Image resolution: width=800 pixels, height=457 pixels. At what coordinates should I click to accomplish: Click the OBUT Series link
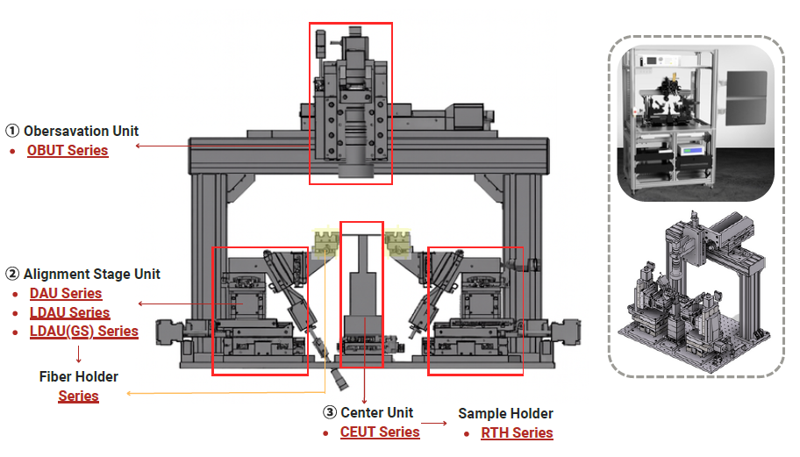click(68, 150)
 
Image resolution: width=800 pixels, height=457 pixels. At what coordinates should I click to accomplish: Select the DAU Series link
click(66, 293)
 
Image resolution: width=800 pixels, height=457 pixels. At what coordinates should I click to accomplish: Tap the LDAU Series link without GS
click(69, 312)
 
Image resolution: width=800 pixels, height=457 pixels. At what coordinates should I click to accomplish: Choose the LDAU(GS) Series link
click(83, 332)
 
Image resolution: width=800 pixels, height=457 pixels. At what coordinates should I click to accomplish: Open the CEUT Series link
click(380, 432)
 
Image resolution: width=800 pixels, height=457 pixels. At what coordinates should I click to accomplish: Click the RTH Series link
click(517, 432)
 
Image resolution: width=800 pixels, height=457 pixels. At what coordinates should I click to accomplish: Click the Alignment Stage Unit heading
click(91, 274)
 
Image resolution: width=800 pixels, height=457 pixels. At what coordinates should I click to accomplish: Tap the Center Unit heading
click(376, 412)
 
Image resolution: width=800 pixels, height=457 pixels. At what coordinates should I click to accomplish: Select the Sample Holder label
click(505, 413)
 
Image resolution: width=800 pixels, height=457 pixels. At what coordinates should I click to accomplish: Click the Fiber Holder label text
click(79, 376)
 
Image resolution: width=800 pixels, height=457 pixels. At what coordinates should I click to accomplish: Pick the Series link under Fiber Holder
click(79, 396)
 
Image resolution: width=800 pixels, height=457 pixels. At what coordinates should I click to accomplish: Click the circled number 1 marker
click(12, 131)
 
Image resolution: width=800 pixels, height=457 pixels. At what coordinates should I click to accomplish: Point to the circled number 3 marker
click(330, 412)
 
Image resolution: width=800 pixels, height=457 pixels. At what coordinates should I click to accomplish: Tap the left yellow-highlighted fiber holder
click(327, 239)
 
